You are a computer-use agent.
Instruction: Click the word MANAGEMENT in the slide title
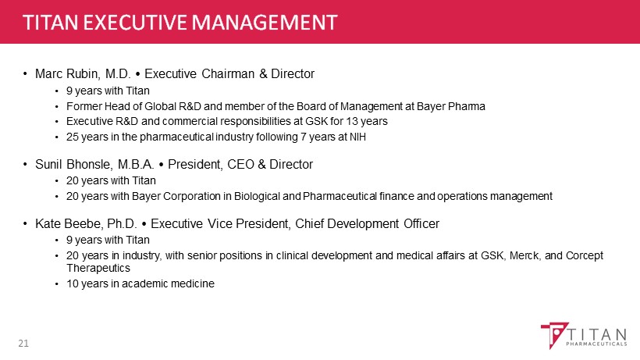265,22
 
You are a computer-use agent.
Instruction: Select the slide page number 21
23,344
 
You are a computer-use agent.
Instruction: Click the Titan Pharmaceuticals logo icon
554,335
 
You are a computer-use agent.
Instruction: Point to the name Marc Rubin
67,74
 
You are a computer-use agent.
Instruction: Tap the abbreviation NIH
357,137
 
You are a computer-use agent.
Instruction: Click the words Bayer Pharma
451,106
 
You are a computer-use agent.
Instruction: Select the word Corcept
585,255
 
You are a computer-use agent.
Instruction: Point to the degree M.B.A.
136,164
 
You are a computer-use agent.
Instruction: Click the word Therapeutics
98,268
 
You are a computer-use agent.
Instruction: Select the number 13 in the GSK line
352,121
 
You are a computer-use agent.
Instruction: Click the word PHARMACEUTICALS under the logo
596,344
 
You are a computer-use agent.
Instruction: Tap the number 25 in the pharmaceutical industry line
73,137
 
